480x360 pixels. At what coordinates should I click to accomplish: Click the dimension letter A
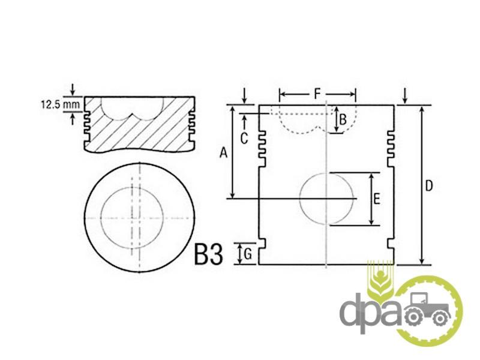224,152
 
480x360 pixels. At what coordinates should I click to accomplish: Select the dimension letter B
343,119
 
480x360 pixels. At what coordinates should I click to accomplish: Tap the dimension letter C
244,139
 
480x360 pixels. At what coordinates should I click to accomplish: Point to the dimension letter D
429,186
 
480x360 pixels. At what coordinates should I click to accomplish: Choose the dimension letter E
377,199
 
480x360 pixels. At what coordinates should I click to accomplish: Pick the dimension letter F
317,94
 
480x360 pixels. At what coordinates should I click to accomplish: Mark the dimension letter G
248,254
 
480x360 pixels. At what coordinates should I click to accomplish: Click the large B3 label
208,254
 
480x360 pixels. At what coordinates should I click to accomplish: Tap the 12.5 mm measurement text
61,104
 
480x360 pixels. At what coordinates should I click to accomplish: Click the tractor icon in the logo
427,310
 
